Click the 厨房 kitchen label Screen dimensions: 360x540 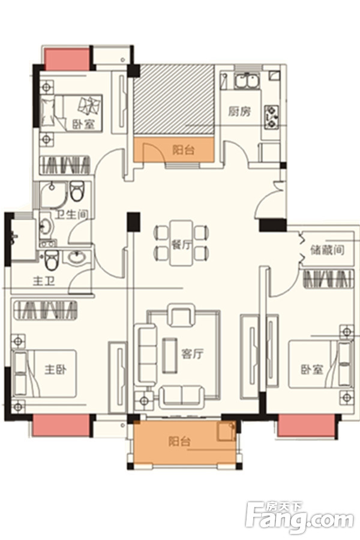tap(239, 111)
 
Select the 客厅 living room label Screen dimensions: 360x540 tap(193, 353)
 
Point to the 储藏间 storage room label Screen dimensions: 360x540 tap(327, 250)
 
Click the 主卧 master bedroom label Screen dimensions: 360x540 tap(56, 370)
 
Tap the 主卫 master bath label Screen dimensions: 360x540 tap(44, 282)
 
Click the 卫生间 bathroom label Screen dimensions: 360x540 tap(71, 215)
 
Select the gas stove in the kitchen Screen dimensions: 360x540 tap(271, 117)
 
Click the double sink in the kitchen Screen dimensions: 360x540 tap(246, 82)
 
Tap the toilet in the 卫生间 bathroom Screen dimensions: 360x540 tap(76, 191)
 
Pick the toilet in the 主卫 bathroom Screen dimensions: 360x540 tap(52, 261)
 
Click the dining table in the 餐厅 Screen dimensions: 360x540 tap(181, 243)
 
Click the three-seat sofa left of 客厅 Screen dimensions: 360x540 tap(146, 355)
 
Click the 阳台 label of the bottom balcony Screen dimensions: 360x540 tap(179, 441)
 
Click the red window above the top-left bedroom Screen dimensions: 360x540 tap(68, 59)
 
